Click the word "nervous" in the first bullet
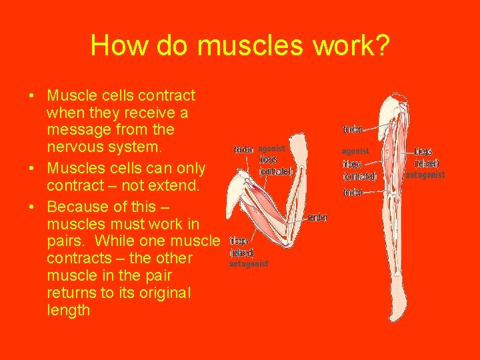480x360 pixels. point(75,146)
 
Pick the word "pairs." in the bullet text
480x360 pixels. point(67,241)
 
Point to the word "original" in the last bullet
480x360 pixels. point(161,293)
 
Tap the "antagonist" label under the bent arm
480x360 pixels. point(248,264)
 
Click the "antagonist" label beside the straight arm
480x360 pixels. point(425,175)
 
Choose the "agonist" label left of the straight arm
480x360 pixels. point(355,151)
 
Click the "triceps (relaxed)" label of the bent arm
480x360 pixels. point(241,247)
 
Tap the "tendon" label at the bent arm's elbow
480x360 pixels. point(317,218)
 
